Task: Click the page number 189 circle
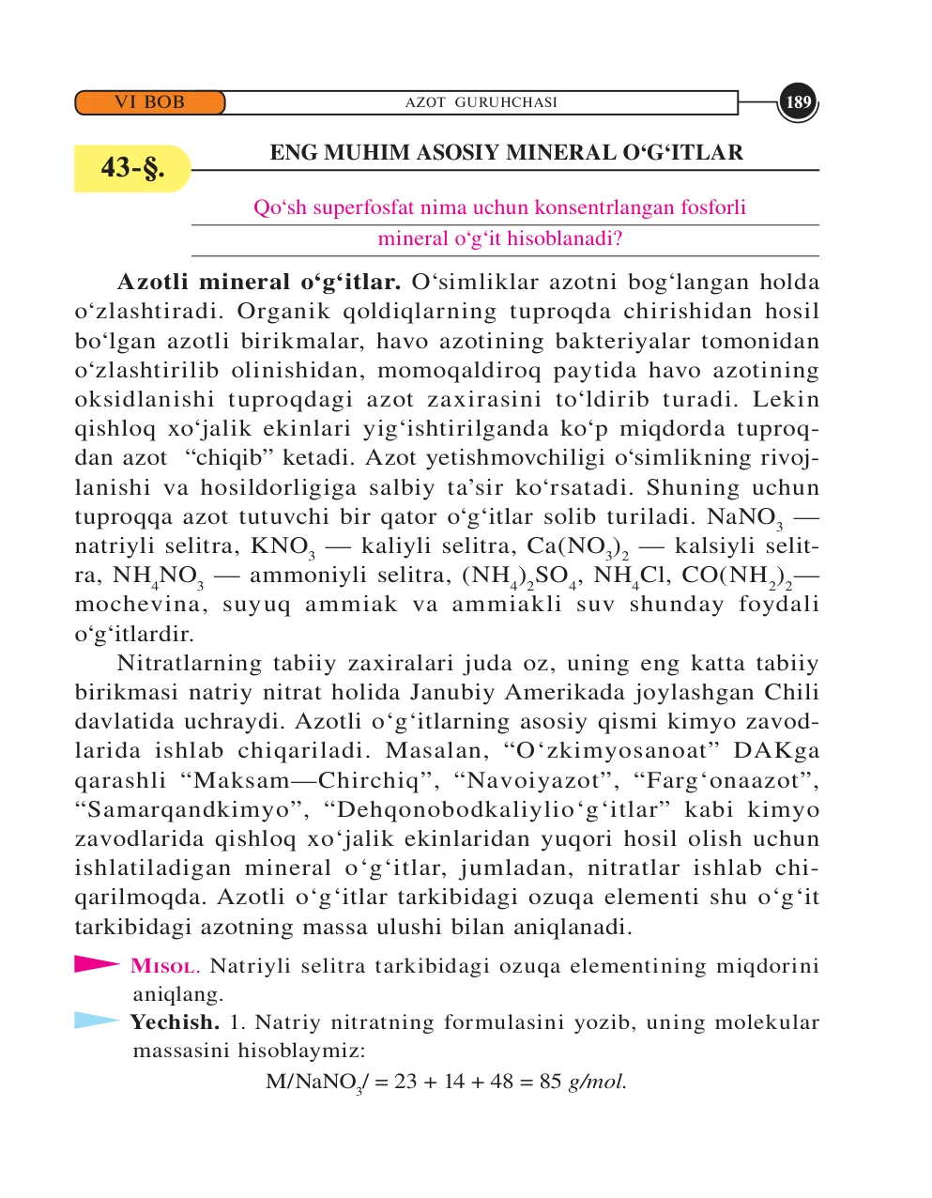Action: [x=798, y=102]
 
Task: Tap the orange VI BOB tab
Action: [x=150, y=102]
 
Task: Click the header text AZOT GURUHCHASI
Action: [x=481, y=102]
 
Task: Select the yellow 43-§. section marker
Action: [x=132, y=168]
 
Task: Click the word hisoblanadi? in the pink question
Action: [x=564, y=238]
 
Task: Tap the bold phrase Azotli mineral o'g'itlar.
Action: [x=259, y=282]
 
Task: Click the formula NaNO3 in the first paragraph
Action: [x=744, y=517]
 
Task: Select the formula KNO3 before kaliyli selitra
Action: [x=283, y=546]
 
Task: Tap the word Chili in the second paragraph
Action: [x=791, y=692]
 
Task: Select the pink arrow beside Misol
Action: [x=97, y=963]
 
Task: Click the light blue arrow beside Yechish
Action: [x=97, y=1021]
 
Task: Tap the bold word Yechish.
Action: [x=175, y=1022]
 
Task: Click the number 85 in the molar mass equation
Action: [x=550, y=1082]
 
